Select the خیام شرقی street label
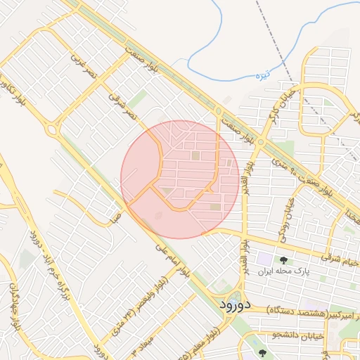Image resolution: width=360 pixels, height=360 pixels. (340, 260)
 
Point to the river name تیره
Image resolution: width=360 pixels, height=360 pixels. (282, 75)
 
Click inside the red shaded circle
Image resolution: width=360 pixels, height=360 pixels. (180, 179)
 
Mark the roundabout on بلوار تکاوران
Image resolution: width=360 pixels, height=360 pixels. (51, 129)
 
